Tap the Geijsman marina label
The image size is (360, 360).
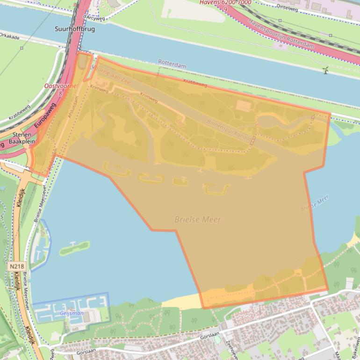pos(72,314)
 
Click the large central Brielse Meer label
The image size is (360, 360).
pos(198,219)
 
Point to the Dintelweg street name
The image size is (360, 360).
pos(288,6)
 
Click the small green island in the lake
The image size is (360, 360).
pos(74,247)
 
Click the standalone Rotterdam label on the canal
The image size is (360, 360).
pos(172,64)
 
